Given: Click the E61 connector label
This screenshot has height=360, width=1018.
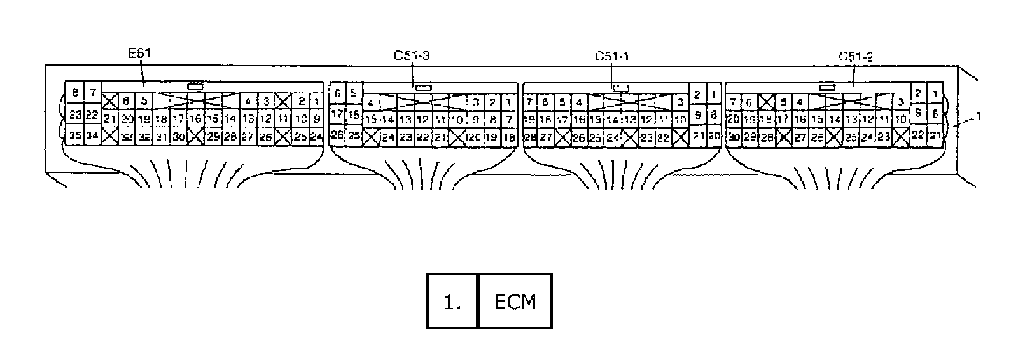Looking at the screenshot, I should point(139,54).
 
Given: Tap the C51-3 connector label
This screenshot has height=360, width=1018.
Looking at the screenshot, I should point(411,55).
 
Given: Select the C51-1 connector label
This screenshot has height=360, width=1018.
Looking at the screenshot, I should point(611,56).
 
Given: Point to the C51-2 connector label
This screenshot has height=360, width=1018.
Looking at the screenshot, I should point(855,56).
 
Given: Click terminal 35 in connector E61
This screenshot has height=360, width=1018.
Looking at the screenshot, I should point(75,135).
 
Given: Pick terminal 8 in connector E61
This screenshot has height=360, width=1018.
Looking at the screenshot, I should point(75,93).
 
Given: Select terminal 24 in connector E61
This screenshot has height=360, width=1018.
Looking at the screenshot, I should point(316,136).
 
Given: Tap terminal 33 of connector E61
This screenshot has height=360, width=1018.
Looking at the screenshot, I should point(127,136).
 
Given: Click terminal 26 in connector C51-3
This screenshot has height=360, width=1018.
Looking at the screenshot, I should point(337,135).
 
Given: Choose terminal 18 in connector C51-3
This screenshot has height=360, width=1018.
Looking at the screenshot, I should point(508,137).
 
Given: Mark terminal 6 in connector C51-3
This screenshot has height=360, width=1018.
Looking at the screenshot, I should point(337,93).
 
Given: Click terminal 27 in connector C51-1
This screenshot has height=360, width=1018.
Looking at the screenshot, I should point(545,137).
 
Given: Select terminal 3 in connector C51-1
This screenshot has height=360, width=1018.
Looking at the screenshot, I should point(680,102).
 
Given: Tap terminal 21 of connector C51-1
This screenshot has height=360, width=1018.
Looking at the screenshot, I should point(697,135).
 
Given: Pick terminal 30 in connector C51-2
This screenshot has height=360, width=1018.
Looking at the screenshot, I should point(734,137).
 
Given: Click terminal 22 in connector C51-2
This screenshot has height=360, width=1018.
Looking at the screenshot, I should point(918,134).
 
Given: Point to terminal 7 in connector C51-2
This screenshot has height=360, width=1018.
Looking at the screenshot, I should point(734,102).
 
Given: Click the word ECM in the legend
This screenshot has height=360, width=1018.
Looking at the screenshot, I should point(515,301).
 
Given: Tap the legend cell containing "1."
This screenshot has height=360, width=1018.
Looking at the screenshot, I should point(452,301).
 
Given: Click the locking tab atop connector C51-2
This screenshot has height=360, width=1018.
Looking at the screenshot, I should point(827,87).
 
